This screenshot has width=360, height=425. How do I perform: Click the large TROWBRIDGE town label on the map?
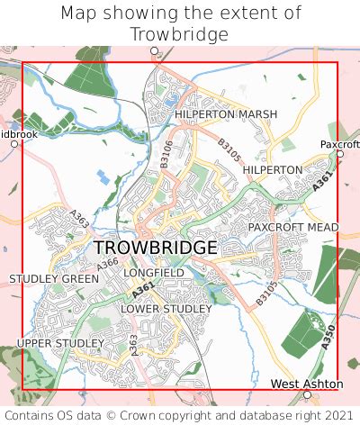point(155,247)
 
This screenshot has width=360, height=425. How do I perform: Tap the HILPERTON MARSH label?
point(226,114)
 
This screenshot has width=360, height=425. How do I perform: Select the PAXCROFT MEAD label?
point(293,227)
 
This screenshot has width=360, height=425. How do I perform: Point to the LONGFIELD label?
point(154,272)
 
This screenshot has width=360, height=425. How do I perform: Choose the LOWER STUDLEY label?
point(166,309)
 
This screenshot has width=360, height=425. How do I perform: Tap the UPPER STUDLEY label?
point(55,343)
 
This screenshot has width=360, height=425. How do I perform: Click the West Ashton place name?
point(307,384)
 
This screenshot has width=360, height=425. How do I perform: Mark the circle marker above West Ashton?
point(307,394)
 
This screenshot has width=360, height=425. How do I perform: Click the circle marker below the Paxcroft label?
point(340,154)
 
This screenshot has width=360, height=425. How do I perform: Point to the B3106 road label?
point(165,152)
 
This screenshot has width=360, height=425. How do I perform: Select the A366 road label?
point(107,264)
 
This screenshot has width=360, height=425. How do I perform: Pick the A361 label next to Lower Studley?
point(142,290)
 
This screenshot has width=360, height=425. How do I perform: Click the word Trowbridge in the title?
point(180,33)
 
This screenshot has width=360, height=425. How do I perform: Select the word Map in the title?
point(78,13)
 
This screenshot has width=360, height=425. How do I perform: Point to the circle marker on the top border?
point(154,51)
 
